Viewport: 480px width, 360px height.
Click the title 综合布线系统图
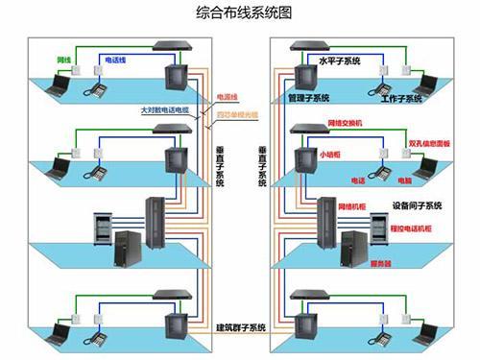point(242,13)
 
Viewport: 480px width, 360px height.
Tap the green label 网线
point(64,60)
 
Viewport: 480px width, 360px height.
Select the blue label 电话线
point(113,60)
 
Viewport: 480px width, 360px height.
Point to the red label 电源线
point(228,96)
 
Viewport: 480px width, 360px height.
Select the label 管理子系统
point(308,98)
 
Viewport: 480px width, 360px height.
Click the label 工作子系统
point(401,98)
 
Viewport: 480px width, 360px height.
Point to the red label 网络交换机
point(346,124)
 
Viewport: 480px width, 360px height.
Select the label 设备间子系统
point(417,205)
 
